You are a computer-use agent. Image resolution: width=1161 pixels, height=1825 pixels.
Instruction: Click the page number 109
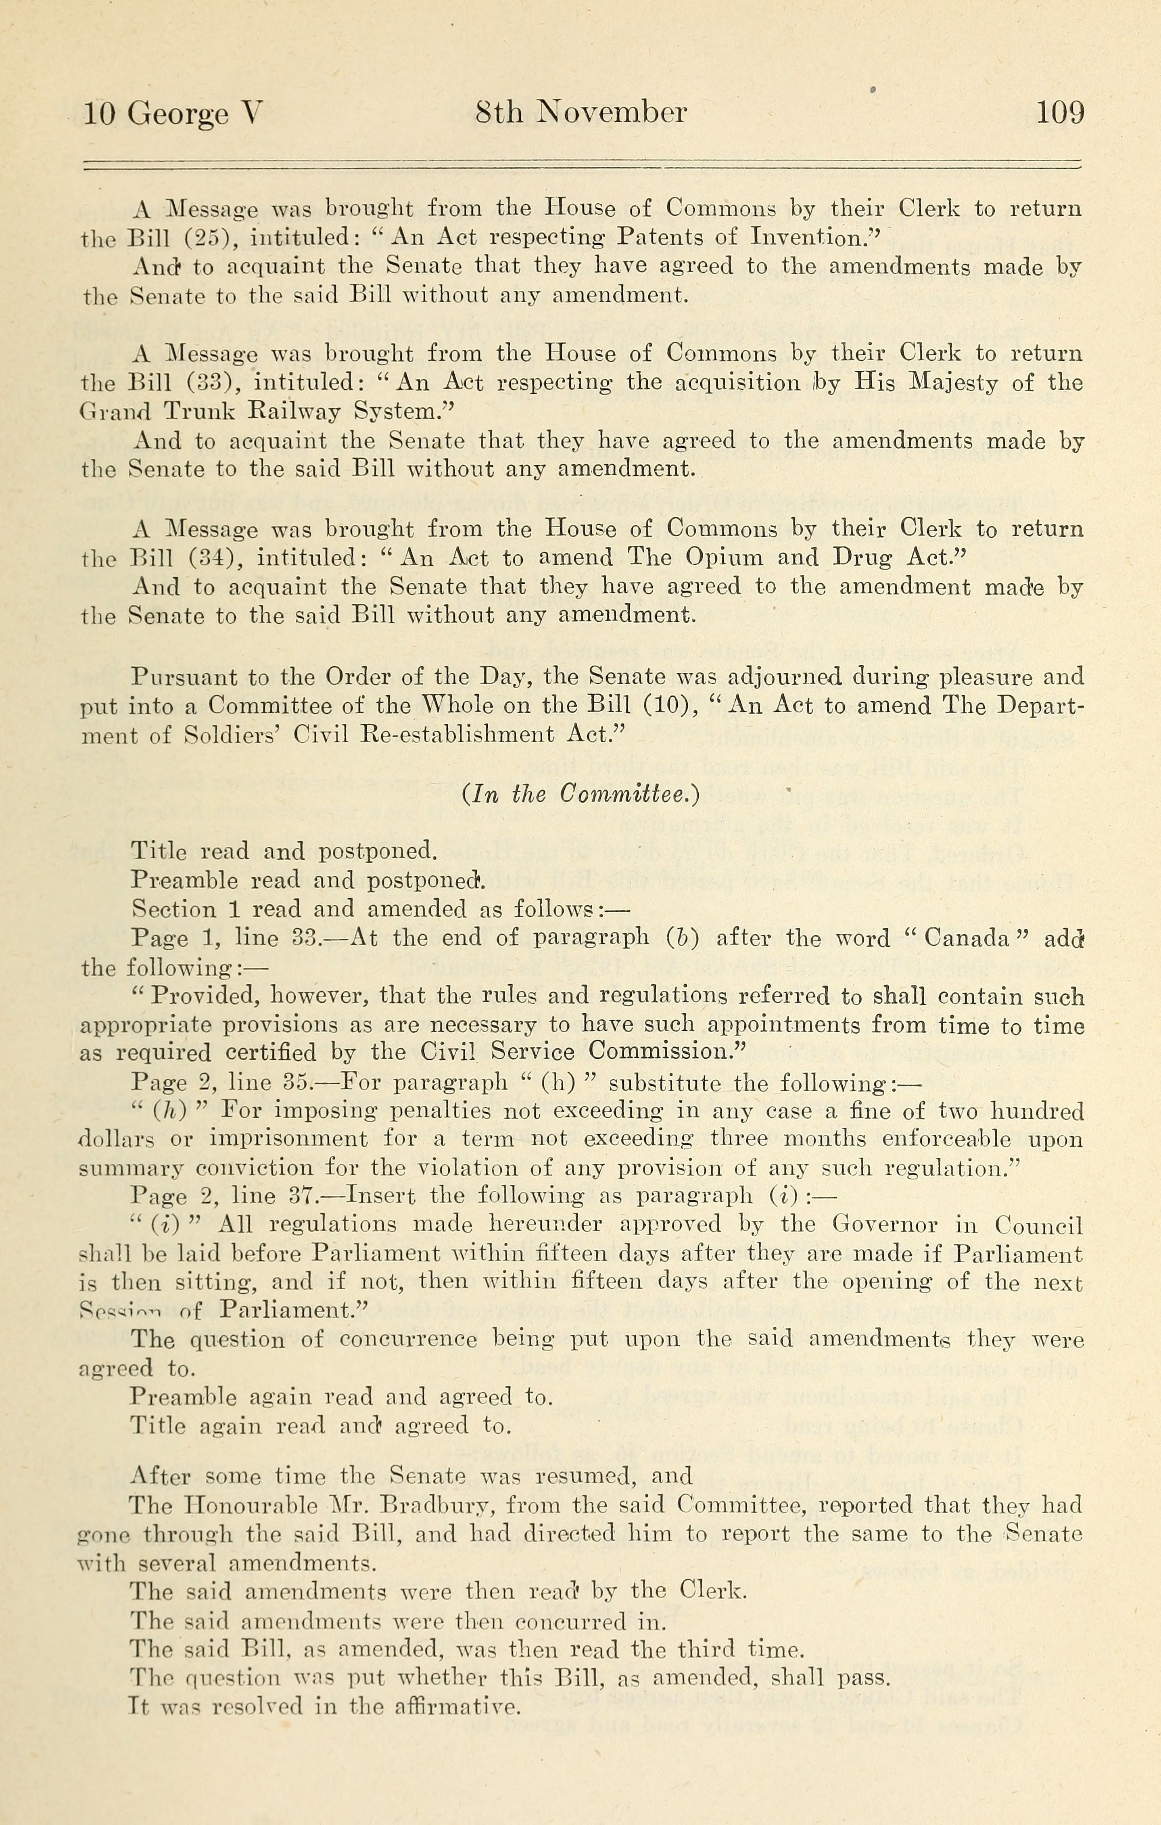(x=1059, y=113)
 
